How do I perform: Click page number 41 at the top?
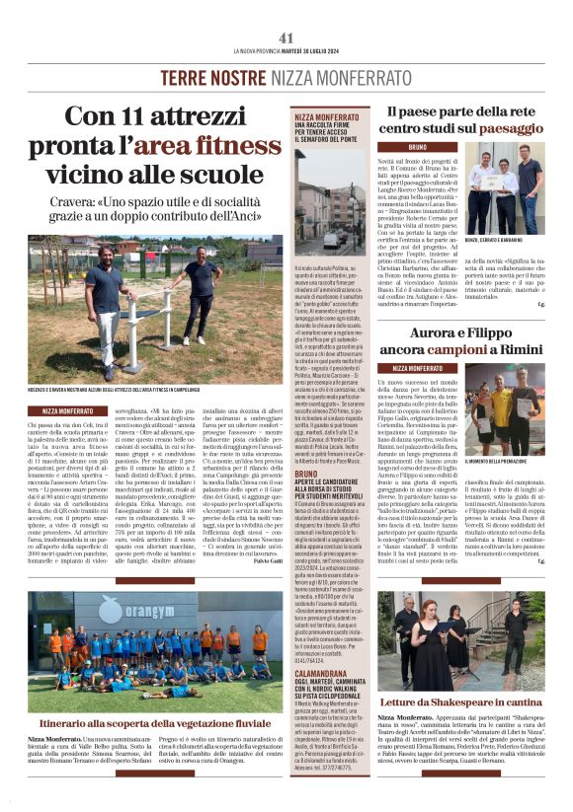(x=286, y=37)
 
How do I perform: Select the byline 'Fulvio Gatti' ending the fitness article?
(x=264, y=560)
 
